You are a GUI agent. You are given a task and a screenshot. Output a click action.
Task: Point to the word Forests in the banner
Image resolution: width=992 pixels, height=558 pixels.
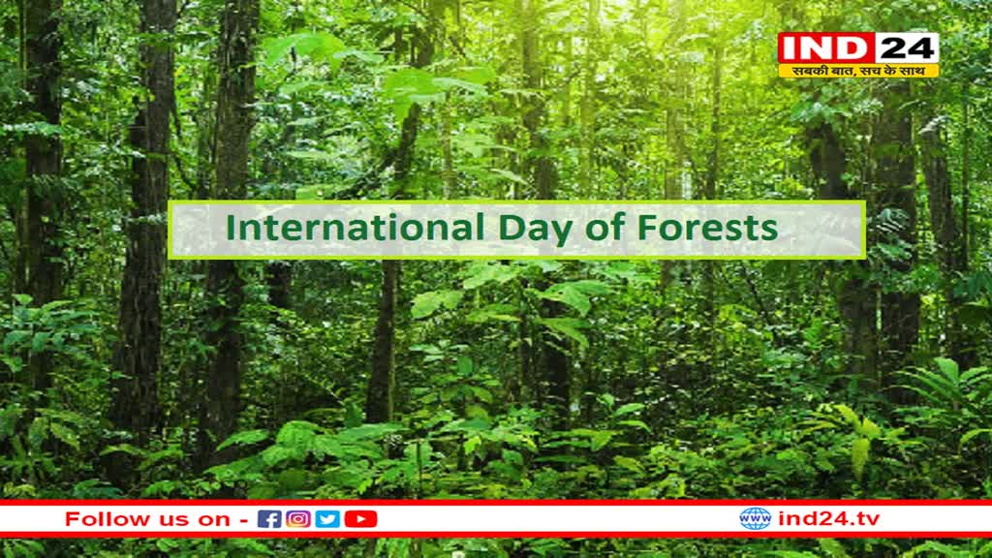[x=707, y=228]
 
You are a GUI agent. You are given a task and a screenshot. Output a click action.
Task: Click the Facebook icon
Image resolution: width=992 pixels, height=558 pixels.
[x=269, y=519]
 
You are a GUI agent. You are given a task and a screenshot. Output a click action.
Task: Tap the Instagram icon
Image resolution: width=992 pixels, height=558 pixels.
[x=298, y=519]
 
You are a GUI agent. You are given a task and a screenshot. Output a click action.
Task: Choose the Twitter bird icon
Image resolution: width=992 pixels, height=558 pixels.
[x=327, y=519]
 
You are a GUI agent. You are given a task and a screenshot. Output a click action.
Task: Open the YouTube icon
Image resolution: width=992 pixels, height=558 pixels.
[x=360, y=519]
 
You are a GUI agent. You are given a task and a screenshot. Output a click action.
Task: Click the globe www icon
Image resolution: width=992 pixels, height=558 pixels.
[x=756, y=519]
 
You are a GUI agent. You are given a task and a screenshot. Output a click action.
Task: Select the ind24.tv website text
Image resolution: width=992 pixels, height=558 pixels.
[x=829, y=519]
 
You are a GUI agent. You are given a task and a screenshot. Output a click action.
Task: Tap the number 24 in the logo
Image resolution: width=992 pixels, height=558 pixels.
[x=906, y=48]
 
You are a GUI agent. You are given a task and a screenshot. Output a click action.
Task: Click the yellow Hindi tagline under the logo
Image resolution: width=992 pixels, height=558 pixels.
[x=858, y=71]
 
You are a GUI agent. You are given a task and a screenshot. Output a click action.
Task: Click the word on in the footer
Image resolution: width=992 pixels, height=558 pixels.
[x=214, y=520]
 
